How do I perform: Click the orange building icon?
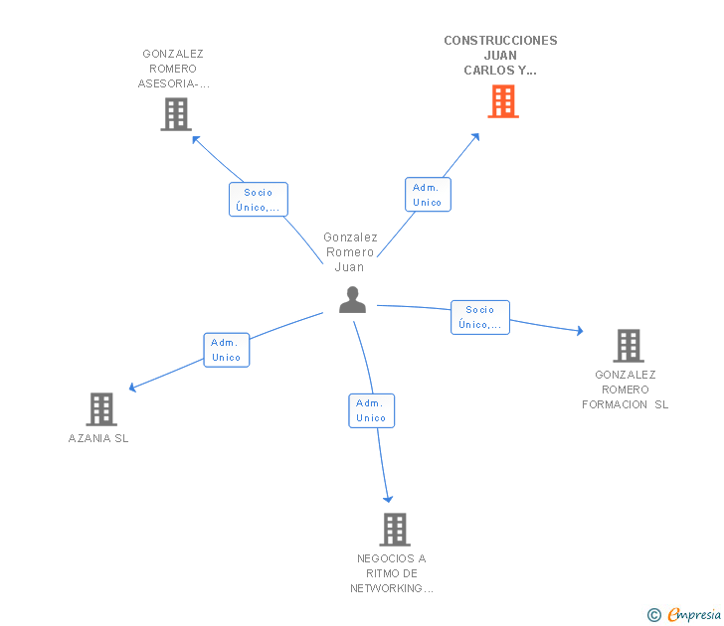pos(503,101)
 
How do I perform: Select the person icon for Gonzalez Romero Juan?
pos(352,300)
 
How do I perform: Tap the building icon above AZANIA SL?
pos(101,409)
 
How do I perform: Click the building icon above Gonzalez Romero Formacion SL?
pos(629,346)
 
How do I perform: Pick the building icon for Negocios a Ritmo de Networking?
pos(395,530)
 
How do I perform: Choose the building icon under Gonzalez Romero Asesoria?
pos(176,114)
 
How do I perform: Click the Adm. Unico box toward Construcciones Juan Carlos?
pos(428,195)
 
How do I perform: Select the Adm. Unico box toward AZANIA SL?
pos(227,350)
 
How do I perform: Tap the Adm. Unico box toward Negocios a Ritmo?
pos(371,410)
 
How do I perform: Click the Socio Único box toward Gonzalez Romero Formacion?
pos(480,317)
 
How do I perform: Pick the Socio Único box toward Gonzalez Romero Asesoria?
pos(259,200)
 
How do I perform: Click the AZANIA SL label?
pos(98,438)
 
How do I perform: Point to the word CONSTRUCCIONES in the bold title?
pos(500,41)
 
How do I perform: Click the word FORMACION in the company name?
pos(615,404)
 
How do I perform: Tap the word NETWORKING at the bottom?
pos(386,588)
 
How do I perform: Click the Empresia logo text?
pos(694,614)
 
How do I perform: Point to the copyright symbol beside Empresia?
pos(654,615)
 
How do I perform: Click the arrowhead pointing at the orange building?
pos(476,136)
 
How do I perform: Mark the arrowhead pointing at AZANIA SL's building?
pos(132,388)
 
